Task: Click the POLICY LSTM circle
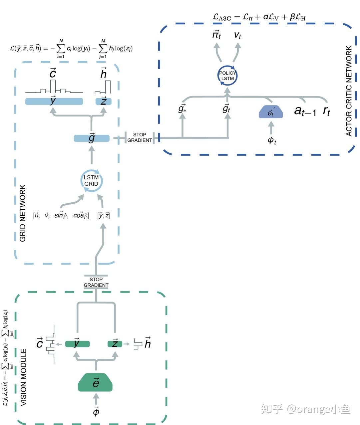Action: pos(227,76)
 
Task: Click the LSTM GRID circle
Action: pos(91,181)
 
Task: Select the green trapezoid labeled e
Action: pos(96,382)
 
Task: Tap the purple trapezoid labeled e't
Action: pos(271,112)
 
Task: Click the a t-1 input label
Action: pos(305,110)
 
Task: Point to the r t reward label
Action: pos(326,110)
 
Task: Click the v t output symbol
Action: pos(237,35)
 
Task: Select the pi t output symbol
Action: pos(217,35)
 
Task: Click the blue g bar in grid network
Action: pos(92,138)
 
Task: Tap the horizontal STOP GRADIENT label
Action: pos(140,137)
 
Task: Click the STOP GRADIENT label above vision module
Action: pos(96,282)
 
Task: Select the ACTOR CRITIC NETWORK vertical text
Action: pos(349,91)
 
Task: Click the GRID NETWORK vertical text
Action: pos(23,213)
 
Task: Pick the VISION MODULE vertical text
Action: pos(24,377)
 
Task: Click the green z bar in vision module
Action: pos(115,344)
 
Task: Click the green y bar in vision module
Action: pos(77,344)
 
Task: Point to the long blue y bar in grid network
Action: pos(54,101)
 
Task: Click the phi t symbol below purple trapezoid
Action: pos(272,140)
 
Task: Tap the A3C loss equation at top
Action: pos(259,17)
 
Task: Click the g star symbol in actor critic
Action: pos(182,108)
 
